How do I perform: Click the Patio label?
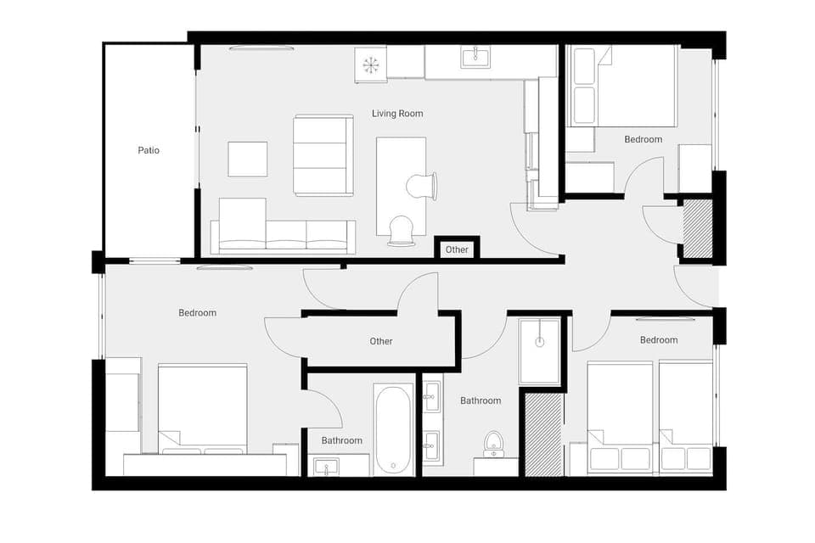[149, 150]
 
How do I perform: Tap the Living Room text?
[397, 113]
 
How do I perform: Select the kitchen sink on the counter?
[475, 57]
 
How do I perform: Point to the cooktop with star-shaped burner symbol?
[371, 65]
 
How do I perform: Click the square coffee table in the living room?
[247, 159]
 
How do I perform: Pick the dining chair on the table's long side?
[422, 185]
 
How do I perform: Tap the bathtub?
[394, 429]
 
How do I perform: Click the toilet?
[493, 444]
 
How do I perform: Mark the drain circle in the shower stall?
[539, 342]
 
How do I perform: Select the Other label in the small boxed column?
[457, 249]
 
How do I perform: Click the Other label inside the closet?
[381, 341]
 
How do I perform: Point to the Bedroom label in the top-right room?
[643, 139]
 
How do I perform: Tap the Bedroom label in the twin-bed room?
[659, 339]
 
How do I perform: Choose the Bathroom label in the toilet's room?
[481, 400]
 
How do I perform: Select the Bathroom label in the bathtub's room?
[341, 440]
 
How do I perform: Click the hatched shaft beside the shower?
[543, 434]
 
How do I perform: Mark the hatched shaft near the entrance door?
[698, 229]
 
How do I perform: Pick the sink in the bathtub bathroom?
[326, 467]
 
